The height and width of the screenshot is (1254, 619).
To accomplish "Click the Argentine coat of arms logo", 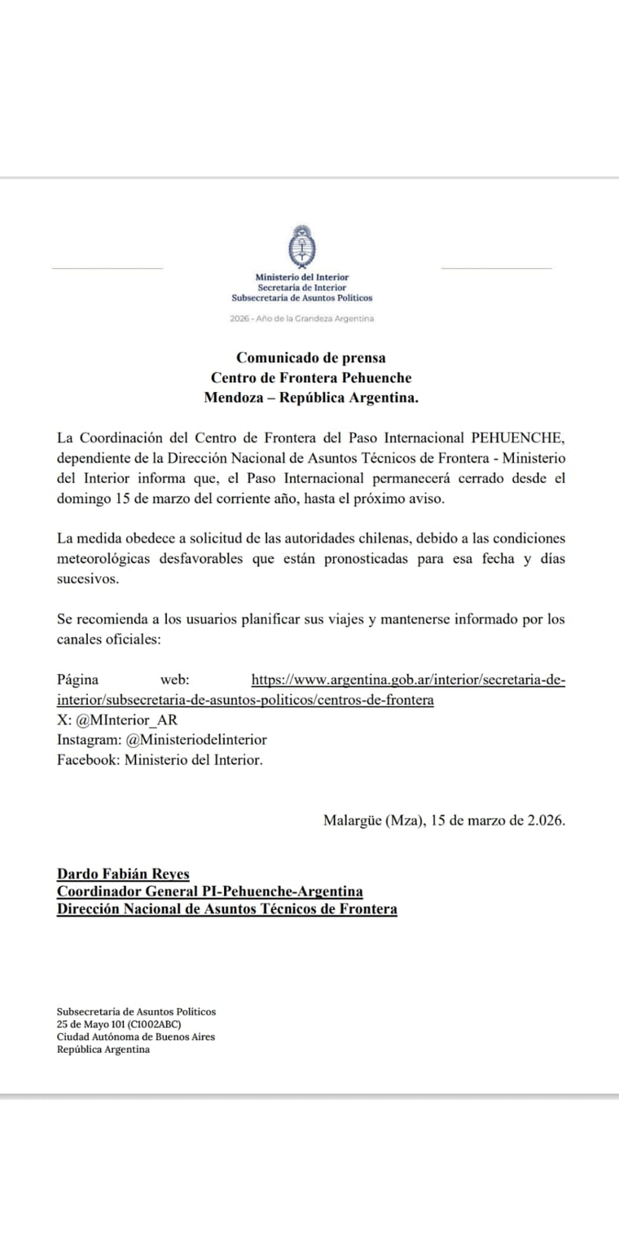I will [301, 247].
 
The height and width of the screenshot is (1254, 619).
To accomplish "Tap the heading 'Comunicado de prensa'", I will [310, 357].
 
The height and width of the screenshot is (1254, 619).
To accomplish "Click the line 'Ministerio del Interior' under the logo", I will [301, 278].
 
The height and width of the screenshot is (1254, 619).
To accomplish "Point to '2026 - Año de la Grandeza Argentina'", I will [301, 319].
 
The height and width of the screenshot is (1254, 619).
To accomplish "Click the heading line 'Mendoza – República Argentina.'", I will [310, 398].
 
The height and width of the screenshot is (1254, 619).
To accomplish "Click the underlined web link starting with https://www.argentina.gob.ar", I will [408, 680].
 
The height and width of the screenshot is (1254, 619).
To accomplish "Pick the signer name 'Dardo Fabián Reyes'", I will [123, 873].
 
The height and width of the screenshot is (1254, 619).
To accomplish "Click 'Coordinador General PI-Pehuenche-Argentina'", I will [209, 891].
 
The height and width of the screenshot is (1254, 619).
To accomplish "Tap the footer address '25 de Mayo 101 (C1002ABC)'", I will [119, 1024].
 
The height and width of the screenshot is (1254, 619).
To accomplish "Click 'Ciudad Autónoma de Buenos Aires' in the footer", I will [136, 1037].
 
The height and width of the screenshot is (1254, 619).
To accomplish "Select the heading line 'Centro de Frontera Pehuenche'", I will [310, 377].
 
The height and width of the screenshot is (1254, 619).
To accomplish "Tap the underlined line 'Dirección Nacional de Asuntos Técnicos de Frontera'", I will [226, 909].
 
